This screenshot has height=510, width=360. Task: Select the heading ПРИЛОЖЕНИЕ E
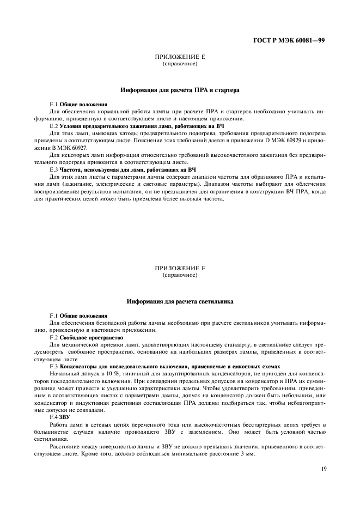180,57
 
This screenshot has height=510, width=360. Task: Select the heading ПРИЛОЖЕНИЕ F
180,269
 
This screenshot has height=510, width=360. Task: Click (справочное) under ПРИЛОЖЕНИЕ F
180,275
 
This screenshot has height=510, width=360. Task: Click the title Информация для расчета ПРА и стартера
180,89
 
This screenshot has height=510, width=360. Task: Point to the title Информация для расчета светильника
180,301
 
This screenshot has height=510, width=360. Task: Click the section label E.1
53,104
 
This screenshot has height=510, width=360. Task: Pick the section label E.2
53,126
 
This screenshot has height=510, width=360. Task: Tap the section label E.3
53,169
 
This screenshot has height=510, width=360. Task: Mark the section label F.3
53,367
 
